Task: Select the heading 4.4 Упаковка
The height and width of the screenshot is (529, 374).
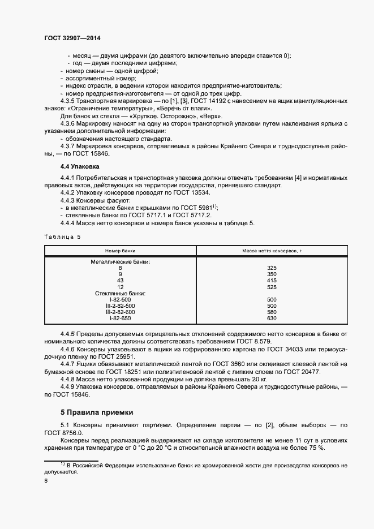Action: (80, 167)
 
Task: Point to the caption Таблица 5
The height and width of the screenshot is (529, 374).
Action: (63, 236)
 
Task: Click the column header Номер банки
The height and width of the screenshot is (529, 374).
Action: (120, 250)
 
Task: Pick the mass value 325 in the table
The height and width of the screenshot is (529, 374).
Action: (271, 268)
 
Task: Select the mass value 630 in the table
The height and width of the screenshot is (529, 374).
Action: (271, 318)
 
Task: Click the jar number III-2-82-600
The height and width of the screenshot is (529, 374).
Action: (120, 312)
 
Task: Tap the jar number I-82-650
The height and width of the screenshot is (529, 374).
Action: (120, 318)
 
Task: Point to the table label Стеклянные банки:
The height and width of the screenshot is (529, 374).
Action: (120, 293)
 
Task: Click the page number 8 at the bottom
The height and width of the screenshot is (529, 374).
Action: (46, 480)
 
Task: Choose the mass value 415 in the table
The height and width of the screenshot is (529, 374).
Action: (271, 280)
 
